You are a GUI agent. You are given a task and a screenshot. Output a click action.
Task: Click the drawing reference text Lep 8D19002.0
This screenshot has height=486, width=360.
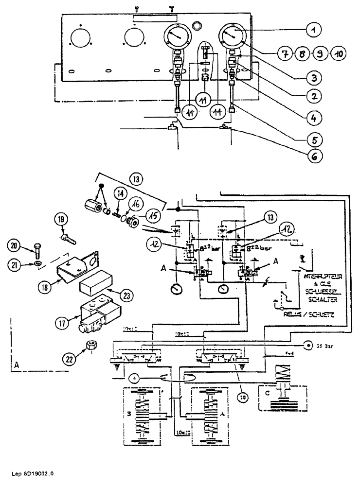pos(31,473)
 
